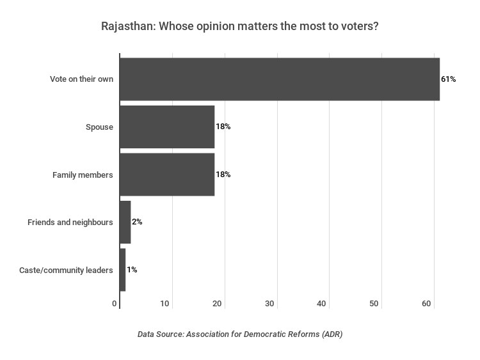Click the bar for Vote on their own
[x=280, y=79]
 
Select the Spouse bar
[x=167, y=127]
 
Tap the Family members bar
[x=167, y=175]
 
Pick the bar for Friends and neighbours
[x=125, y=222]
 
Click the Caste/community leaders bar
[x=123, y=270]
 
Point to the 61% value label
[x=448, y=79]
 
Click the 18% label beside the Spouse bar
[x=223, y=127]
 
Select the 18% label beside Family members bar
[x=223, y=175]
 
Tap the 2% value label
[x=137, y=222]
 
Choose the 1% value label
[x=132, y=270]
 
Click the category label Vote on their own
[x=81, y=79]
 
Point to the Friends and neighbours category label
[x=70, y=223]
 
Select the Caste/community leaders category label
[x=67, y=270]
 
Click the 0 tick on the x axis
[x=115, y=304]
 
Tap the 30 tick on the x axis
[x=270, y=304]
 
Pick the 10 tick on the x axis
[x=165, y=304]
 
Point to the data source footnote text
[x=240, y=334]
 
